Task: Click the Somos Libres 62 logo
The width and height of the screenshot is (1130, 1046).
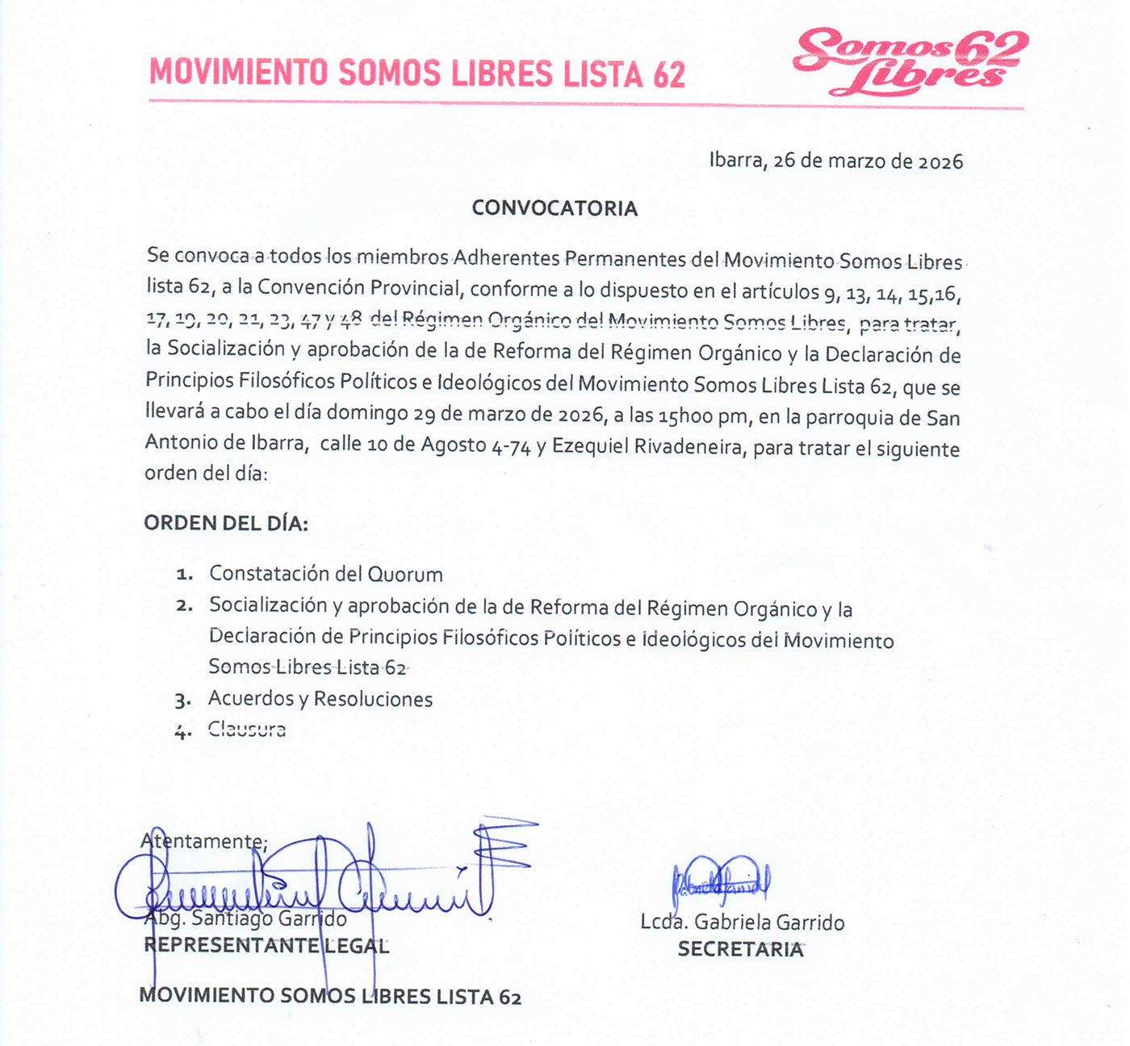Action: pos(910,61)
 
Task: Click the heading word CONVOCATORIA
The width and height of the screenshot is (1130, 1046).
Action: pos(555,208)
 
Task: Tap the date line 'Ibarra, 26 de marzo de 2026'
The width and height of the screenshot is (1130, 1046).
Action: pos(835,161)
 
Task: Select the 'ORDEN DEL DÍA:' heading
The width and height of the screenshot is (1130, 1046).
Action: pos(226,523)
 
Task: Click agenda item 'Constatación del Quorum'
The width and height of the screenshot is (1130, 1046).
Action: pos(325,574)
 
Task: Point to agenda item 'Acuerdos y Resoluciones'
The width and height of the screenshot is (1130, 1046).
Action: pos(320,699)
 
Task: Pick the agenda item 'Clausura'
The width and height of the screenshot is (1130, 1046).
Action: pos(247,730)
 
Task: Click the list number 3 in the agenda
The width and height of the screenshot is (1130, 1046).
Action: pos(182,701)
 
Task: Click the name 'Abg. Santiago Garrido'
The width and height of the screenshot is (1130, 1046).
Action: pos(245,918)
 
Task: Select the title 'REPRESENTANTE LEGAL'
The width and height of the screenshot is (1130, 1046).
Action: pos(266,946)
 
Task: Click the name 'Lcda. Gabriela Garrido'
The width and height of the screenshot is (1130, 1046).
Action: pos(743,923)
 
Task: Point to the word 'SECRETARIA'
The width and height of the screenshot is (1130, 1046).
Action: pos(740,949)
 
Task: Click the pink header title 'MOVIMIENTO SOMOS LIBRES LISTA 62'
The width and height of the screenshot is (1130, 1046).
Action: pos(417,73)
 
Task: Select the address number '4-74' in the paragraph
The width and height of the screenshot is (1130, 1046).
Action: pos(511,446)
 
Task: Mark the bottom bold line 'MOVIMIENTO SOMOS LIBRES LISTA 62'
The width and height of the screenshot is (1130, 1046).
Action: pos(330,996)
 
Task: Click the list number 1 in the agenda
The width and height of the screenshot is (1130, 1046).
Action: pos(185,575)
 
